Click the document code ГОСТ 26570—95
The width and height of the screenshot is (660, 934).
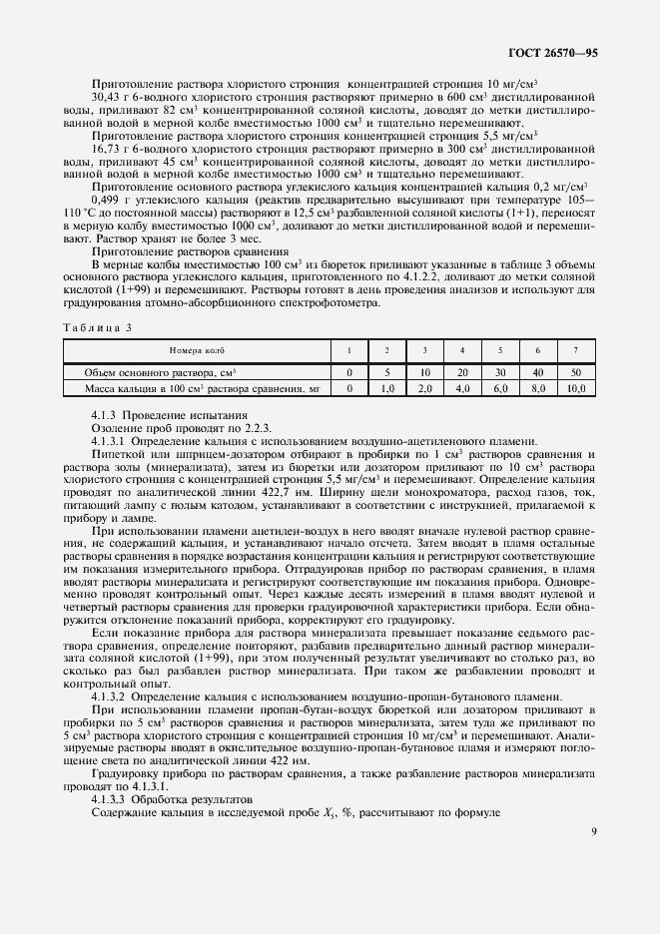(x=553, y=50)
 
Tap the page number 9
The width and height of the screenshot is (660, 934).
(x=593, y=831)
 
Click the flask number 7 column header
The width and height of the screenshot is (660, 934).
(x=574, y=351)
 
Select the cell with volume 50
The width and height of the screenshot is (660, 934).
(x=574, y=371)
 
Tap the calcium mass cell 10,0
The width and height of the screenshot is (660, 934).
(x=574, y=387)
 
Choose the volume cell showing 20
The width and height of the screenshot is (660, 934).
(x=461, y=371)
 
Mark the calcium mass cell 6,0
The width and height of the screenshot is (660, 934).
(x=500, y=387)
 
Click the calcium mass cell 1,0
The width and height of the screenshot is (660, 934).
(x=386, y=387)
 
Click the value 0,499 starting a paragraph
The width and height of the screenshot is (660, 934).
(x=105, y=198)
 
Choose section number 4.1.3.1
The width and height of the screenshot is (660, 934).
(x=109, y=442)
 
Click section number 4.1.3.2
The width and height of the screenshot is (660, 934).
(x=109, y=695)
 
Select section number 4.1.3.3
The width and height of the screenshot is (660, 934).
(x=109, y=799)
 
